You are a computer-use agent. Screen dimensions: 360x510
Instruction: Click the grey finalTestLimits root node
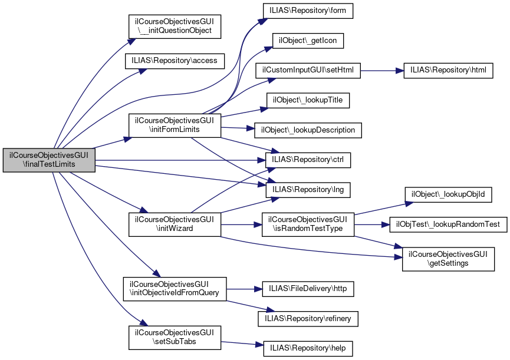coord(49,159)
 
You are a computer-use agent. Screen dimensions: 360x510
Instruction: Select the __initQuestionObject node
coord(175,25)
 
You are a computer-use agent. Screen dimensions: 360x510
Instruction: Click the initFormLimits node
coord(175,125)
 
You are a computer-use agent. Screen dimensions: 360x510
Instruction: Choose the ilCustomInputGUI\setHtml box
coord(308,70)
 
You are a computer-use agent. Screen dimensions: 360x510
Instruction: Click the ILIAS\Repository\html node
coord(448,70)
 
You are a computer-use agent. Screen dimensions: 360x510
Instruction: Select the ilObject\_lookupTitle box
coord(308,100)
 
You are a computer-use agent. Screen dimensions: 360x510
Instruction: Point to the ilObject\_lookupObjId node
coord(448,194)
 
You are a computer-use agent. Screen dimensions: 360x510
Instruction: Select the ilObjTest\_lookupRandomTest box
coord(448,224)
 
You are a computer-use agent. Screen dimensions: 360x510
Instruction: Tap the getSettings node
coord(448,259)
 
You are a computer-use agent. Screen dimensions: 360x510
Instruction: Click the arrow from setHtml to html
coord(381,70)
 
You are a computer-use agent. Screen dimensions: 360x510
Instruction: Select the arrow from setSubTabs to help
coord(242,345)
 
